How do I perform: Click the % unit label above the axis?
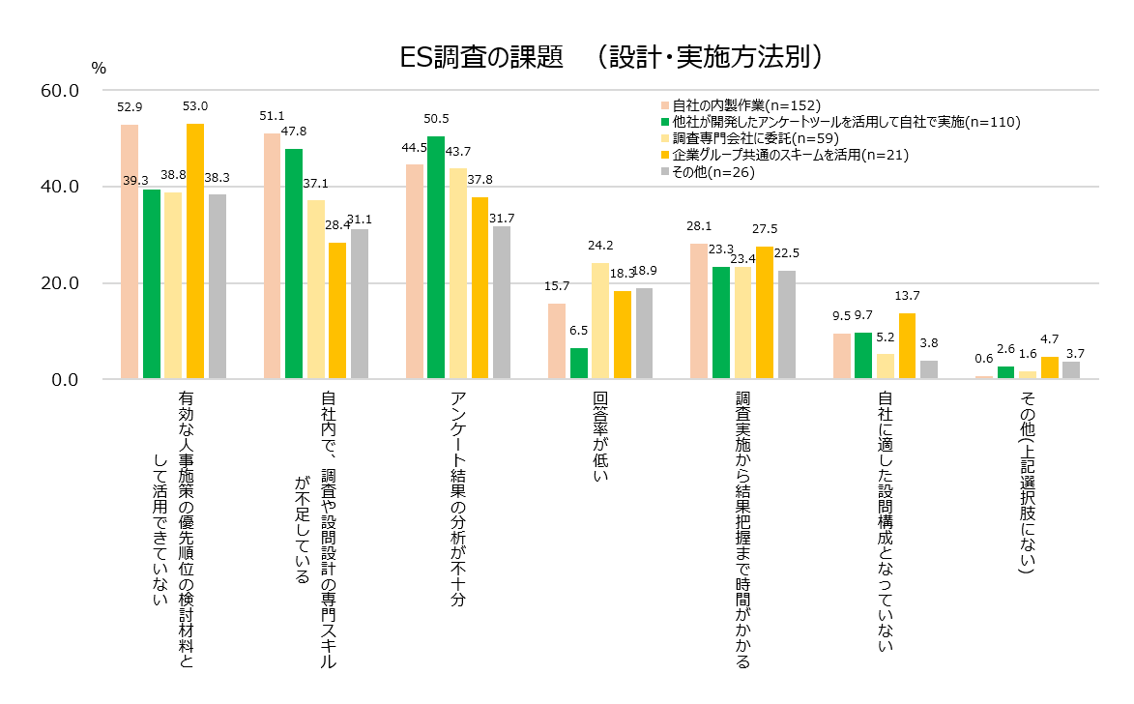[99, 68]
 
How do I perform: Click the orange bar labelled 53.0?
[195, 250]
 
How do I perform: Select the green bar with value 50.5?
[436, 257]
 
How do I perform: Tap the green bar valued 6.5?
[579, 364]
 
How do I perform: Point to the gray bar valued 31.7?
[502, 303]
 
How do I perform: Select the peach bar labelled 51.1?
[272, 256]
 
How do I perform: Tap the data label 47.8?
[294, 132]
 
